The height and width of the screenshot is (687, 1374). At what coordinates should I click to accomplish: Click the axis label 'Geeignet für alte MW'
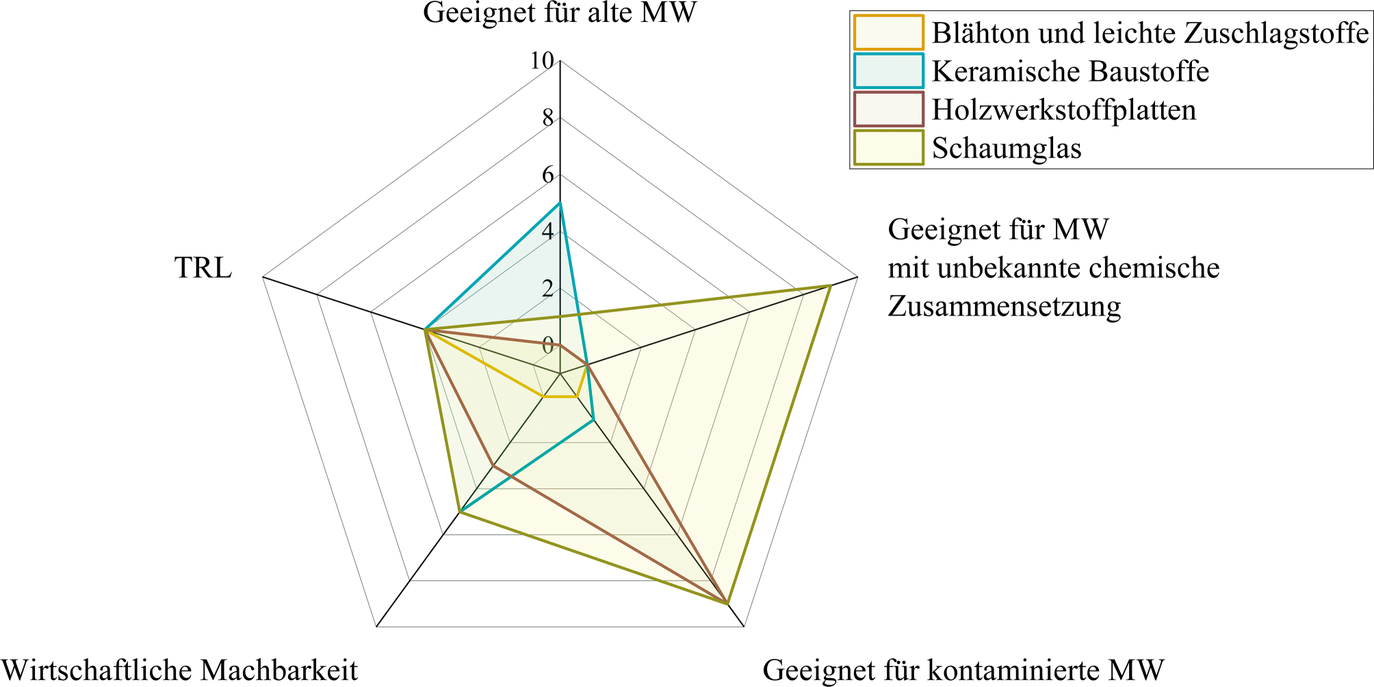(560, 13)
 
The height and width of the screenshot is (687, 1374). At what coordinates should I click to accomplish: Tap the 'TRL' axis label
(203, 268)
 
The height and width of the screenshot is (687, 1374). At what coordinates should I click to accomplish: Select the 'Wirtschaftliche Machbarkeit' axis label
(179, 670)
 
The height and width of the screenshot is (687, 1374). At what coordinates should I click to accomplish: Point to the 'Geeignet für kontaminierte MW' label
(963, 670)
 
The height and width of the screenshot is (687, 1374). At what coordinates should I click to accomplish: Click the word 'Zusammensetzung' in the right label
(1004, 306)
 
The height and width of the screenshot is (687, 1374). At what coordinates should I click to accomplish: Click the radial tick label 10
(542, 62)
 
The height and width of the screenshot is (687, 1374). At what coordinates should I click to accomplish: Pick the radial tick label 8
(547, 119)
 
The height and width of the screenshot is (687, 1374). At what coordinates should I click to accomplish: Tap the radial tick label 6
(547, 176)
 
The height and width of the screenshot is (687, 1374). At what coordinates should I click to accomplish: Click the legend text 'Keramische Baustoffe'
(1070, 71)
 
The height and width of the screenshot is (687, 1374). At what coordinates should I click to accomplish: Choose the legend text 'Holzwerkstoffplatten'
(1064, 109)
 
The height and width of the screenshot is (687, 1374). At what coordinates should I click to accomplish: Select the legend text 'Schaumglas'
(1007, 148)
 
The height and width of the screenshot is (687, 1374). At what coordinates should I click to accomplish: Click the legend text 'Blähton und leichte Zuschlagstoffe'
(1150, 33)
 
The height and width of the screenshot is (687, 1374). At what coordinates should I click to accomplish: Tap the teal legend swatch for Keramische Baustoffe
(888, 71)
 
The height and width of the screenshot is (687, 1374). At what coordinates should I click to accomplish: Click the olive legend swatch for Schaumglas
(888, 148)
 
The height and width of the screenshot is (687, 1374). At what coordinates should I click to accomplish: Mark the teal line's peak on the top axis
(560, 203)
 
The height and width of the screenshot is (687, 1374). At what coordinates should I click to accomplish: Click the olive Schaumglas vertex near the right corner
(830, 285)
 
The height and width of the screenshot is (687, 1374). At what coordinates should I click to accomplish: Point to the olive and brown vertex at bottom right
(727, 603)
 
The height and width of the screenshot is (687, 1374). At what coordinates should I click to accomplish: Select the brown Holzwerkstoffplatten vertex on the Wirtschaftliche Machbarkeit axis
(493, 466)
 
